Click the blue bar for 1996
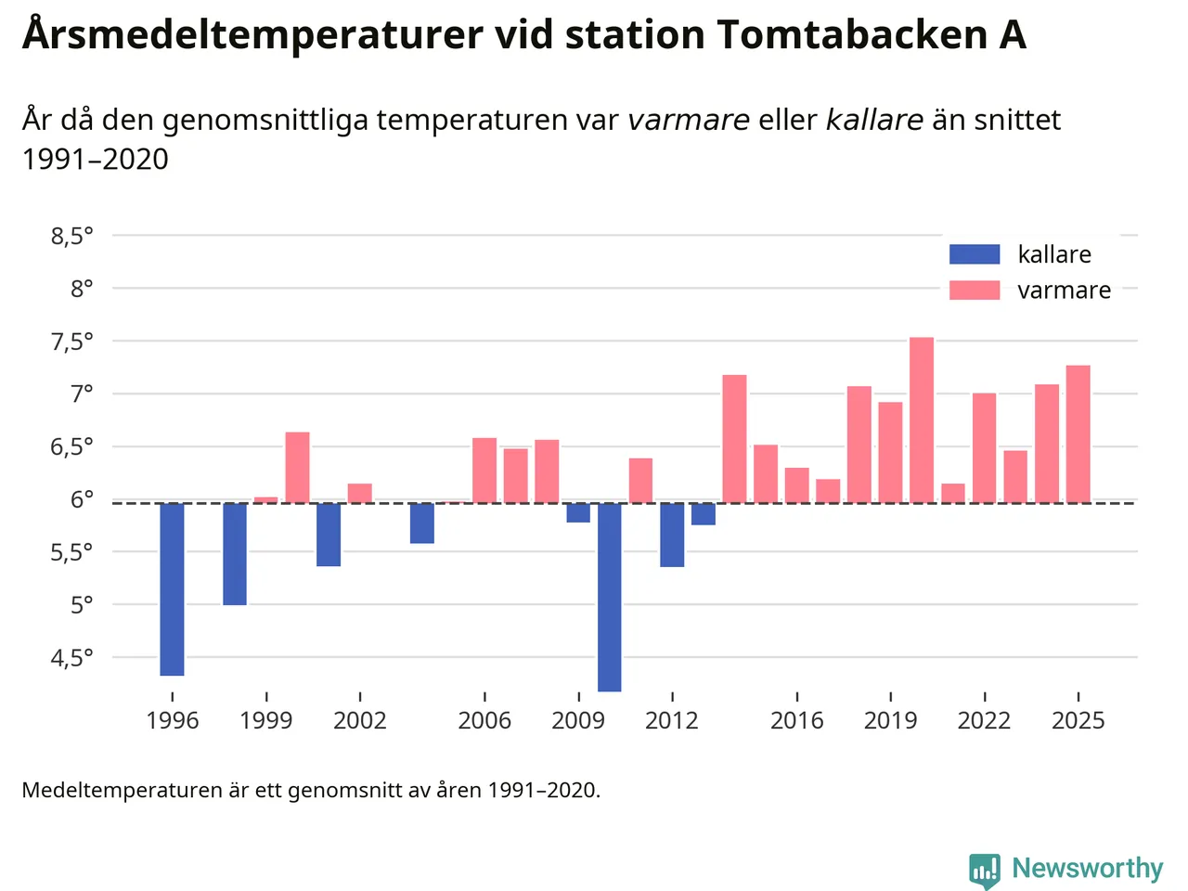(172, 589)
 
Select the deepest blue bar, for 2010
(610, 597)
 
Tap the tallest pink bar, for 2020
(922, 420)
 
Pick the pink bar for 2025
(1078, 433)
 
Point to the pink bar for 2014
(734, 438)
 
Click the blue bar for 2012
(672, 535)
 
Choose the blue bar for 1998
(235, 554)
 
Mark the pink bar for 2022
(984, 447)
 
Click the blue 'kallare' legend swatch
(975, 254)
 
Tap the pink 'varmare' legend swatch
(975, 291)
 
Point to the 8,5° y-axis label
(72, 237)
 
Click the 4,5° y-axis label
(72, 658)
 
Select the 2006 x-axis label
(484, 720)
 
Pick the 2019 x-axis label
(890, 720)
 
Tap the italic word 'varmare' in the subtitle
(689, 121)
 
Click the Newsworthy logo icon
(985, 870)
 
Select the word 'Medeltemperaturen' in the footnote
(122, 791)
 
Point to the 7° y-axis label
(82, 394)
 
